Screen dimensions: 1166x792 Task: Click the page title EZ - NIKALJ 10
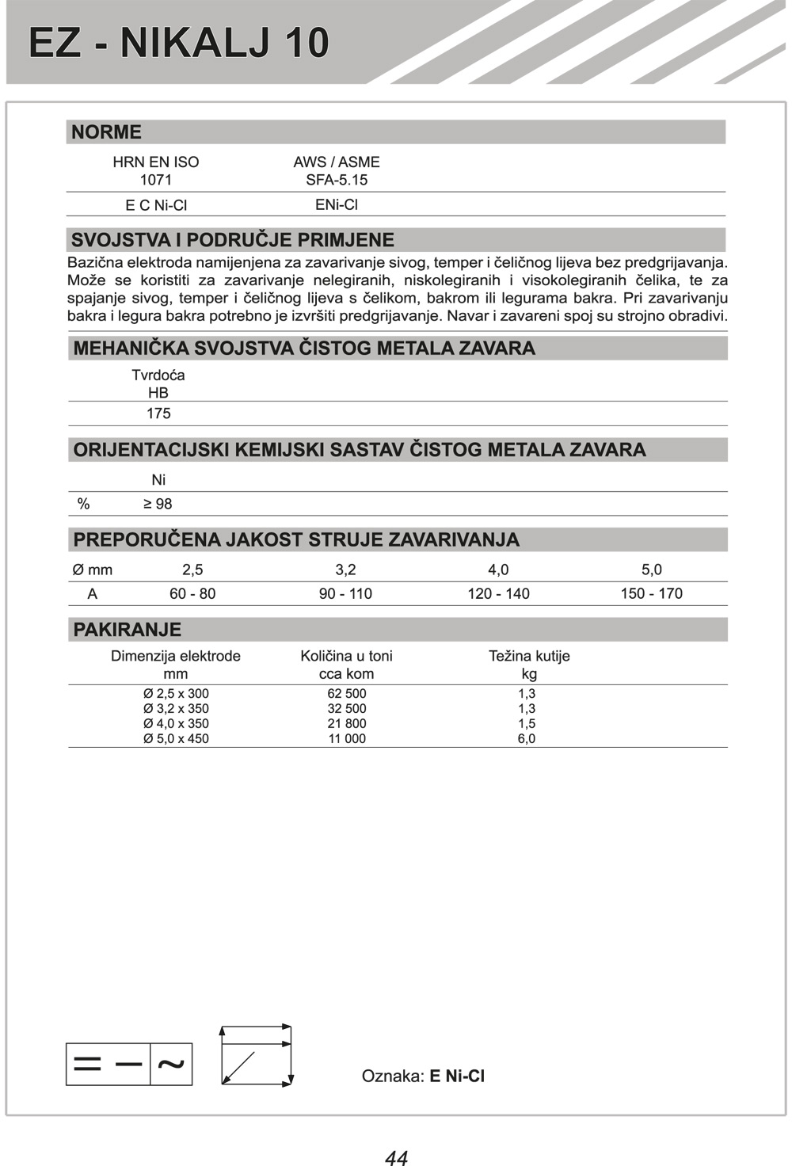179,43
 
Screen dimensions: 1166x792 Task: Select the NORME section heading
107,132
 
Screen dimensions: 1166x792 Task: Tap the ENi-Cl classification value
337,204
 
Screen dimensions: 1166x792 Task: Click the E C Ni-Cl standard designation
156,205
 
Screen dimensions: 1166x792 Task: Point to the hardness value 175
158,413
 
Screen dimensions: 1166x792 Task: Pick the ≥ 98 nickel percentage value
158,504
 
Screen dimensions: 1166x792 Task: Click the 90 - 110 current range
345,593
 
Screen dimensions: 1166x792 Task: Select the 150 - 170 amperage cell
651,593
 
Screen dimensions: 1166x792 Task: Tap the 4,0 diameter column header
498,570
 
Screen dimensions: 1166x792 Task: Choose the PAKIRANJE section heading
128,630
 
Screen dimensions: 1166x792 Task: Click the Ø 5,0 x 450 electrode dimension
176,738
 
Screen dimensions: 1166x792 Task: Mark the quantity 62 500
347,694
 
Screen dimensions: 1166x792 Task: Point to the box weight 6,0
527,738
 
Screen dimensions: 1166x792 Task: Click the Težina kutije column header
529,656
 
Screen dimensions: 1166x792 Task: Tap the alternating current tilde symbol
171,1064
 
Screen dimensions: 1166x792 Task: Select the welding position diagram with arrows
256,1056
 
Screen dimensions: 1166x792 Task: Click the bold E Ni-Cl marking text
457,1076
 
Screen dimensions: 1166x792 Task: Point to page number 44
396,1157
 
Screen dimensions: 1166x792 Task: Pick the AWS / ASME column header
337,162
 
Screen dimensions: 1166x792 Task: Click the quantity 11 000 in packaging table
347,738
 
